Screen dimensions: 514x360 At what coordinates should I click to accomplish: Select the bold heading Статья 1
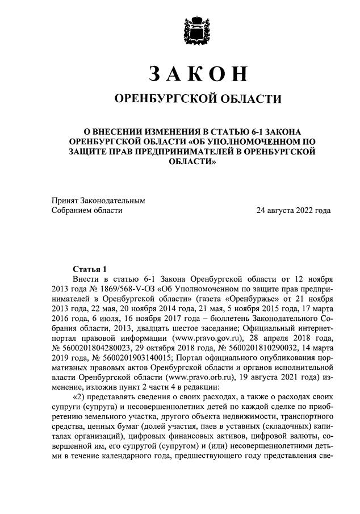90,268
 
